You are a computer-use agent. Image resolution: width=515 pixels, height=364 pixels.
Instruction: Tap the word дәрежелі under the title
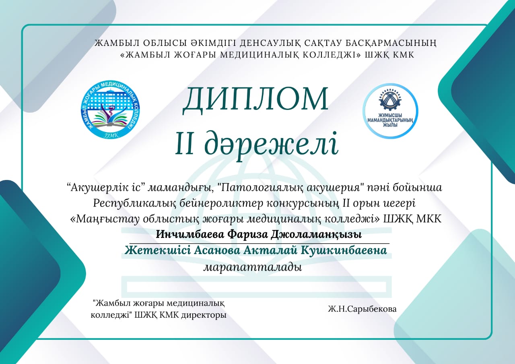coord(271,144)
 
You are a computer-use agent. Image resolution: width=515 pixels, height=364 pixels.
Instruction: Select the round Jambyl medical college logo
coord(111,110)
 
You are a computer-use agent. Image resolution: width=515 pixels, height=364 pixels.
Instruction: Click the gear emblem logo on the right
coord(390,111)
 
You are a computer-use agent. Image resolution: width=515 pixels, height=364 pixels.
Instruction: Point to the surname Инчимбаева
coord(190,235)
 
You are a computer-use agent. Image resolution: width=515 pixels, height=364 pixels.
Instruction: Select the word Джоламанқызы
coord(316,235)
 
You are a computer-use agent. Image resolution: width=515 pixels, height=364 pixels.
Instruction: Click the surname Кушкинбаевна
coord(344,250)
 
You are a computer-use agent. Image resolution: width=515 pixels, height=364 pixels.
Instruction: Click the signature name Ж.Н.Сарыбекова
coord(363,309)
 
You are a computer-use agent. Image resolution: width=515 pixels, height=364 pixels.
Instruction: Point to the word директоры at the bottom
coord(204,315)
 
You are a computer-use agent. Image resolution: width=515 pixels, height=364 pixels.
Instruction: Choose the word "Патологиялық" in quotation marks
coord(262,188)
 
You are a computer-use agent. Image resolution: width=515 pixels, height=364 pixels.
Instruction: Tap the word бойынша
coord(417,188)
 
